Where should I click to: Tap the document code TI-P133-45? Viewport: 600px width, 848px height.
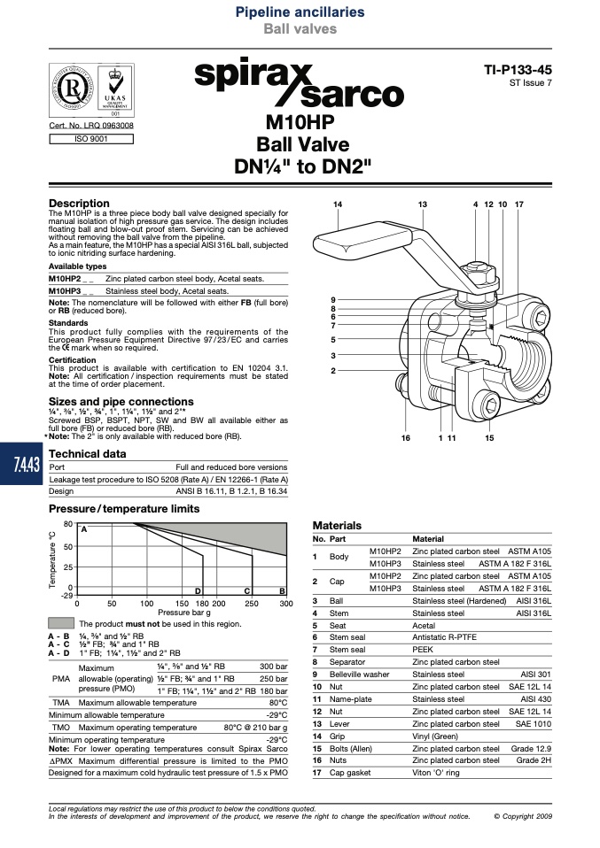click(x=518, y=70)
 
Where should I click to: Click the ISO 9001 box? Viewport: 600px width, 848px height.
click(x=91, y=139)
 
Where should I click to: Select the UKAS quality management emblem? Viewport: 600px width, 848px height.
click(x=115, y=89)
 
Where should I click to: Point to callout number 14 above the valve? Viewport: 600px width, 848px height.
click(x=338, y=204)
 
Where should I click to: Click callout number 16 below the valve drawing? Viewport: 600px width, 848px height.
click(x=406, y=438)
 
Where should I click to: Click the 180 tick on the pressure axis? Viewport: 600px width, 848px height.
click(x=201, y=604)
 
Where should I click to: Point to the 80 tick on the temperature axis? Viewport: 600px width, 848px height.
click(x=67, y=524)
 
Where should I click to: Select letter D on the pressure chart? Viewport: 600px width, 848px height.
click(x=199, y=591)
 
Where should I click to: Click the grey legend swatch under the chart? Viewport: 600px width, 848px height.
click(x=61, y=623)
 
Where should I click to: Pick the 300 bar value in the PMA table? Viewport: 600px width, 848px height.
click(x=274, y=667)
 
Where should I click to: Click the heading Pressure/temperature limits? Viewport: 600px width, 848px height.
click(x=124, y=509)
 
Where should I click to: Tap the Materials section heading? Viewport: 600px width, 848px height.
click(x=337, y=525)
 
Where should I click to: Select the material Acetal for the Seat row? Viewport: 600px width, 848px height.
click(x=424, y=625)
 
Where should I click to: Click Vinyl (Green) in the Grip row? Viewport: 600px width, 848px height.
click(x=435, y=736)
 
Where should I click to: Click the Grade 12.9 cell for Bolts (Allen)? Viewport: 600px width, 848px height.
click(x=531, y=749)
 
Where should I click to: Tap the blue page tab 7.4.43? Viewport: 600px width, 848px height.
click(x=20, y=464)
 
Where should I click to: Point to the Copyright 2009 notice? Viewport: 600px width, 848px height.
click(x=523, y=816)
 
